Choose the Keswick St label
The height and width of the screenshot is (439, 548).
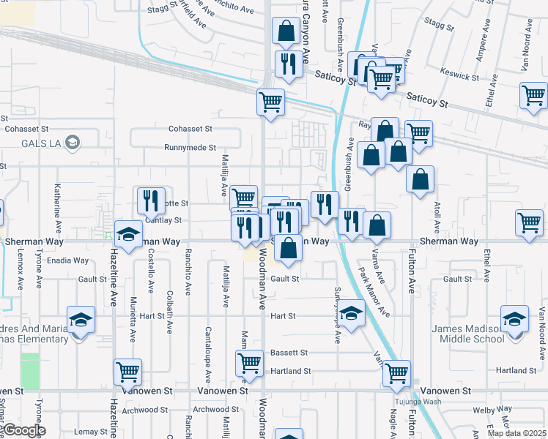(459, 75)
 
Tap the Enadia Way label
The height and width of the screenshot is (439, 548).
(67, 260)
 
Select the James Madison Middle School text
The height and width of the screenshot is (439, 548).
(469, 334)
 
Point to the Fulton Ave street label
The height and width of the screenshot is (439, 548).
(412, 271)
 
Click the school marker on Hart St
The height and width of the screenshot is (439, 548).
(352, 315)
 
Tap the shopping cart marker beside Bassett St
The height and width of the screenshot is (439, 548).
(250, 362)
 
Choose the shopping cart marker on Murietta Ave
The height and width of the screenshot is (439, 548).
(128, 372)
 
